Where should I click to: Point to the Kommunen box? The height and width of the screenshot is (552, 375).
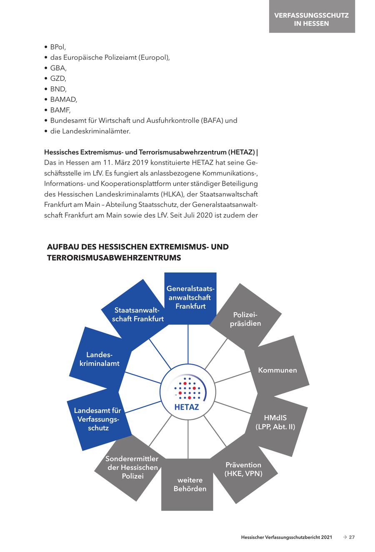coord(277,370)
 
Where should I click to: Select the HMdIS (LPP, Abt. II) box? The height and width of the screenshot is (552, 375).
coord(275,422)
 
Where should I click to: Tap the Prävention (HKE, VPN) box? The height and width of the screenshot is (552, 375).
coord(243,469)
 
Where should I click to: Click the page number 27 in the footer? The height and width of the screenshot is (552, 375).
coord(352,537)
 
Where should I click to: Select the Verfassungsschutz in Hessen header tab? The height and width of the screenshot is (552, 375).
coord(312,19)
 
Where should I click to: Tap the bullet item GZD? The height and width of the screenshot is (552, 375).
coord(58,78)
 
